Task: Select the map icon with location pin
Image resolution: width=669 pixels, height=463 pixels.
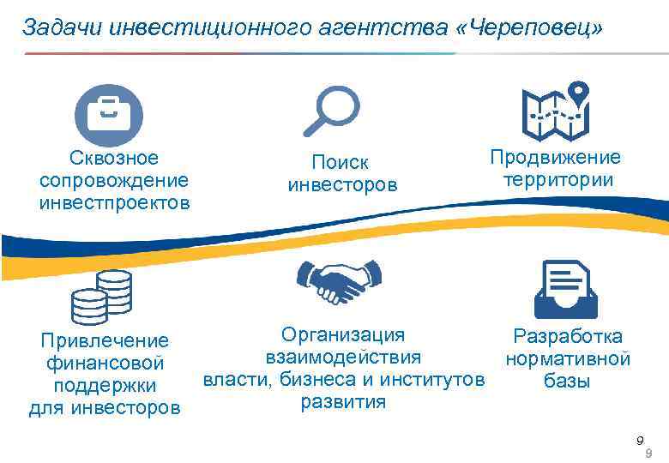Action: [x=555, y=114]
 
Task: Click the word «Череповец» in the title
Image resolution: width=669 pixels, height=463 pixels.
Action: [x=531, y=28]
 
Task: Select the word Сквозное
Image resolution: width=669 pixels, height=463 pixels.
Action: [x=114, y=158]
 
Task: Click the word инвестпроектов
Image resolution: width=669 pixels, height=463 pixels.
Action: [x=114, y=203]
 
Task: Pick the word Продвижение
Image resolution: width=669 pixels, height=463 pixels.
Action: [x=555, y=157]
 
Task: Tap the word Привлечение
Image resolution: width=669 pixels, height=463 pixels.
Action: [x=105, y=341]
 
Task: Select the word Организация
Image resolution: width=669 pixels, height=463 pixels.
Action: [x=343, y=334]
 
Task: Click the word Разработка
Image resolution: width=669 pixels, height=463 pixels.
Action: [x=567, y=336]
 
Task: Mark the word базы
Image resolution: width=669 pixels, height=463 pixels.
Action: [x=567, y=382]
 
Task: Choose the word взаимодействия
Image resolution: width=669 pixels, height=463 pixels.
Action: [x=343, y=357]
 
